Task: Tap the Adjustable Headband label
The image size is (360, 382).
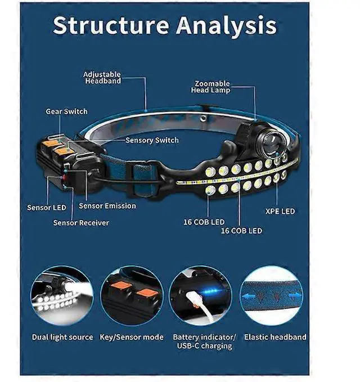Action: pyautogui.click(x=102, y=77)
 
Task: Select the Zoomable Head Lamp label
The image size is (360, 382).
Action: pyautogui.click(x=211, y=86)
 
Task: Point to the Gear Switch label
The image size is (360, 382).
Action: pyautogui.click(x=66, y=111)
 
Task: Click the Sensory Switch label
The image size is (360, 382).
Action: pyautogui.click(x=152, y=140)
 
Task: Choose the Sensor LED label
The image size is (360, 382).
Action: pyautogui.click(x=47, y=208)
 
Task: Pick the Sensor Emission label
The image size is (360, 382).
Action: pyautogui.click(x=107, y=206)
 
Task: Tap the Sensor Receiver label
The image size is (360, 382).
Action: pyautogui.click(x=81, y=222)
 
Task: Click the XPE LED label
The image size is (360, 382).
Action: pyautogui.click(x=280, y=212)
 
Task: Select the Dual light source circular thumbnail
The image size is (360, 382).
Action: pyautogui.click(x=61, y=295)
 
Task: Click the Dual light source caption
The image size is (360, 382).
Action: pyautogui.click(x=62, y=337)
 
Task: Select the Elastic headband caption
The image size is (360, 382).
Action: pyautogui.click(x=275, y=337)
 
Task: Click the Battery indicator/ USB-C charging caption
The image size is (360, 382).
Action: pyautogui.click(x=203, y=341)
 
